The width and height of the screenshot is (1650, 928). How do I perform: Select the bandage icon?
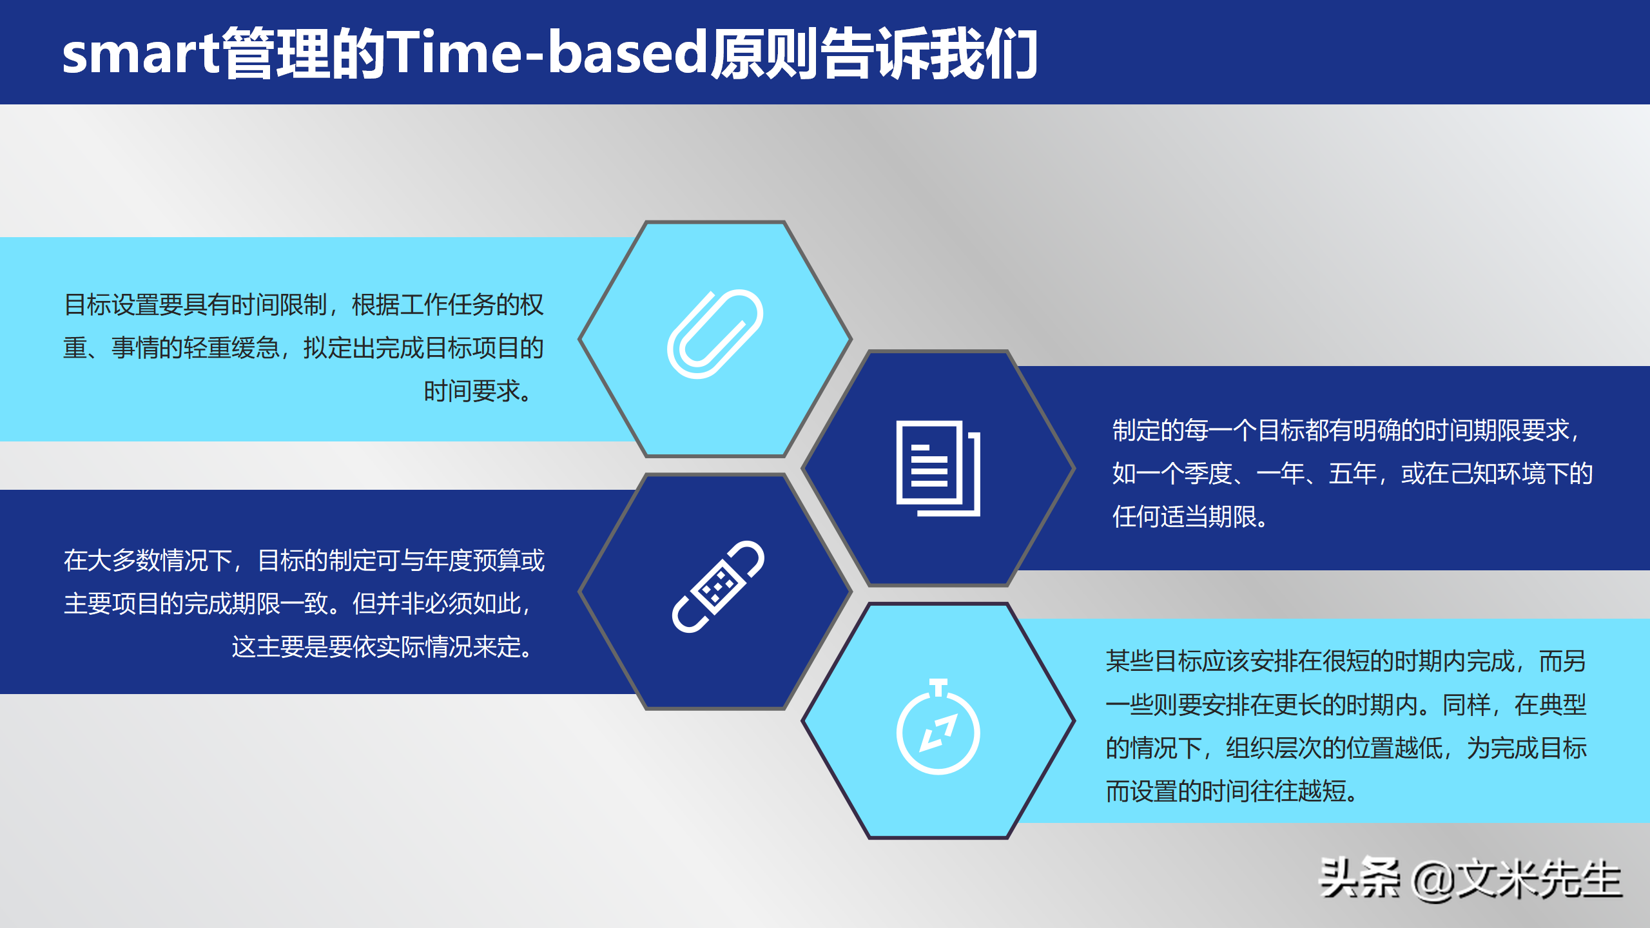click(717, 587)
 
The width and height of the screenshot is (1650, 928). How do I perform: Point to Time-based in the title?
click(547, 53)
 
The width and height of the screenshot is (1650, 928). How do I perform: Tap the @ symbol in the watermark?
click(1433, 880)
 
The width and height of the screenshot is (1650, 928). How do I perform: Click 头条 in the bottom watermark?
click(1360, 878)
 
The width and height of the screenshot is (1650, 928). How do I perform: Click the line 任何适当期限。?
click(1190, 517)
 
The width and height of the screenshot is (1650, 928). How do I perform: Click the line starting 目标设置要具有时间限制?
click(304, 305)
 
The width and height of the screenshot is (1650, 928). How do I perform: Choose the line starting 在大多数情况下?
click(304, 561)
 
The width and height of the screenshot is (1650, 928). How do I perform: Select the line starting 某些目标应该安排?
click(1346, 661)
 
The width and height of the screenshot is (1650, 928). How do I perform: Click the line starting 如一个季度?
click(1352, 474)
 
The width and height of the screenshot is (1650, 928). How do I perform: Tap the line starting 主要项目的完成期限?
click(297, 604)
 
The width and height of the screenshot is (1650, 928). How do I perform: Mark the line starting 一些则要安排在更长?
click(1346, 705)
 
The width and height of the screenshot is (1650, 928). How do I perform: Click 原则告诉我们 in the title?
click(873, 54)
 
